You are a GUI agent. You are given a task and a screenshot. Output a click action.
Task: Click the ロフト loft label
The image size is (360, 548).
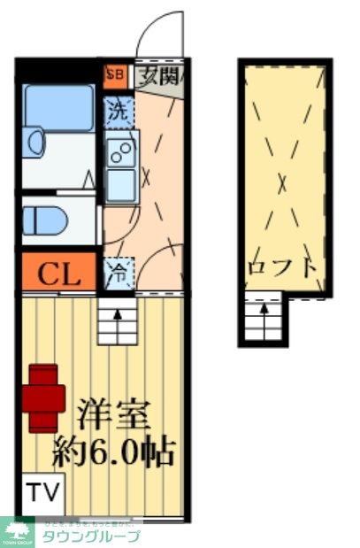click(x=282, y=266)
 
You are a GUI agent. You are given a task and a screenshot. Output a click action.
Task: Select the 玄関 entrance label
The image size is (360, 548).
click(x=158, y=74)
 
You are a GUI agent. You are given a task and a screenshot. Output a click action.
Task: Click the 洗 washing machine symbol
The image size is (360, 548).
click(x=118, y=111)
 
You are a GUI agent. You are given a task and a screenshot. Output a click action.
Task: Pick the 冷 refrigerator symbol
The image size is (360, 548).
click(x=118, y=270)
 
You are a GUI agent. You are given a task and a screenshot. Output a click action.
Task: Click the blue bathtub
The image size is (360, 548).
click(x=57, y=109)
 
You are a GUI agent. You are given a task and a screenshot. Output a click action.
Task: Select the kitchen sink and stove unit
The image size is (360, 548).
click(x=119, y=168)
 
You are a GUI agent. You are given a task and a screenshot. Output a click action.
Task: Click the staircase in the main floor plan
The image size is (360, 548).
click(x=116, y=321)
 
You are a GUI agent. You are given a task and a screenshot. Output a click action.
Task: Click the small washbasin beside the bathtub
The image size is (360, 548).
click(x=33, y=143)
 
